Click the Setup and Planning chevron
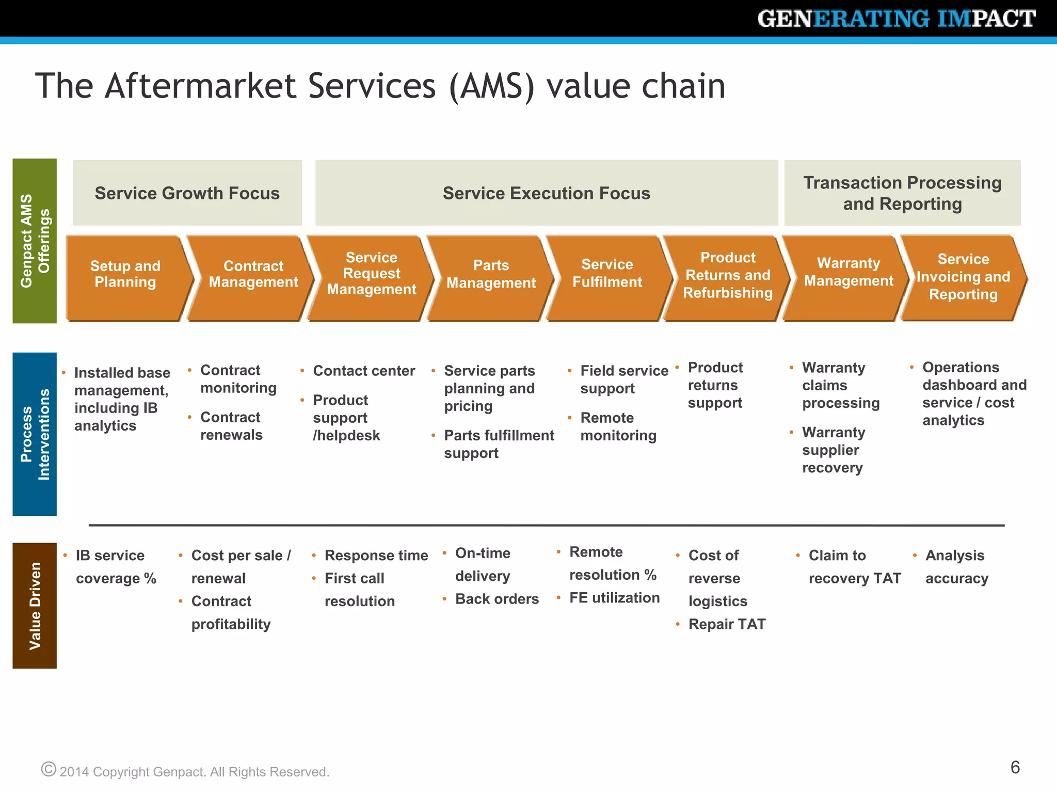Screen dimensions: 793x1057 pos(125,277)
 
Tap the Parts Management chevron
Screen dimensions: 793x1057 pos(491,277)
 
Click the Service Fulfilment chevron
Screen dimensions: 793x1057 pos(607,277)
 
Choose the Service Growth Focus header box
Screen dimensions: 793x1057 pos(187,193)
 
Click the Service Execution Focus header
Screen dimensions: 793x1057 pos(546,193)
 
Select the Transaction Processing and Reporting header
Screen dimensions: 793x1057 pos(902,193)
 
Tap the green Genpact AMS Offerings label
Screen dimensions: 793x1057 pos(35,241)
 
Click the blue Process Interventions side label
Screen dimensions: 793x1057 pos(35,434)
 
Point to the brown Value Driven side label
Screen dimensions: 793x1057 pos(35,606)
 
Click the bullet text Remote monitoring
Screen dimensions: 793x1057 pos(618,426)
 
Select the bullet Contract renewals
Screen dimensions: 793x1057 pos(231,426)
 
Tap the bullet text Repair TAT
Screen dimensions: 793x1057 pos(727,624)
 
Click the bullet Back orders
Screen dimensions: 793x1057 pos(497,599)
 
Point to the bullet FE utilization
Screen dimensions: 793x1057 pos(614,598)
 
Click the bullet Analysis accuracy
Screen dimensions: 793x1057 pos(956,567)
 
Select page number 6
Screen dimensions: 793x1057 pos(1015,767)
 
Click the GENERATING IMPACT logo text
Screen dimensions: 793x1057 pos(896,19)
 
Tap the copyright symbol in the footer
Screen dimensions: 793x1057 pos(49,769)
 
